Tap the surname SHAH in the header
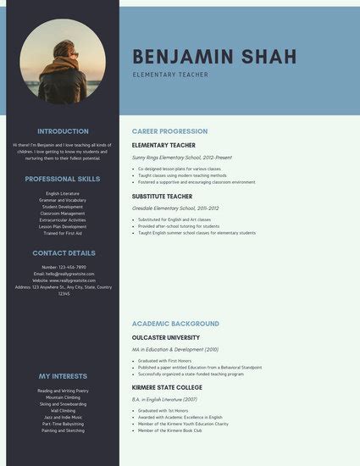click(x=269, y=57)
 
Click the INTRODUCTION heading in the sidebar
click(x=63, y=131)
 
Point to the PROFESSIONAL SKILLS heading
click(x=63, y=179)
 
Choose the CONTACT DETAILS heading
click(x=63, y=252)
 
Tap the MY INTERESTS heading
click(x=63, y=375)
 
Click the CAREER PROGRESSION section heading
click(x=169, y=132)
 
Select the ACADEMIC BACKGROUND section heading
click(x=175, y=324)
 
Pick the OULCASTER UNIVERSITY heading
click(x=166, y=337)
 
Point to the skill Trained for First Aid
click(x=63, y=233)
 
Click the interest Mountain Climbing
click(x=63, y=397)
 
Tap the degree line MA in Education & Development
click(x=175, y=349)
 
